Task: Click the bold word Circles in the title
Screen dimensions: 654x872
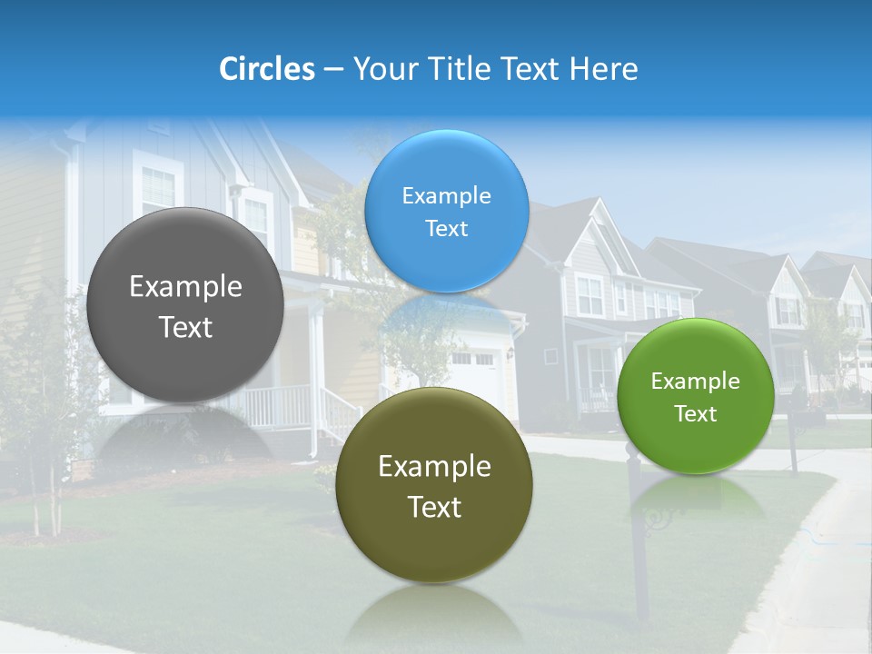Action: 266,69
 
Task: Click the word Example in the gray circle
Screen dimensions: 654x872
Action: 185,287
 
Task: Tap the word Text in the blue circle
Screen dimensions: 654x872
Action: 446,229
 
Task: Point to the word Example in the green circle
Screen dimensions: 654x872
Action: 695,381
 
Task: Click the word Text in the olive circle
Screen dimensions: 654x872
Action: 434,507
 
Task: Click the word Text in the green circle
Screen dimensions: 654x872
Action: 695,414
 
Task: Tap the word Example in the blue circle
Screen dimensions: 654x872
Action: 446,196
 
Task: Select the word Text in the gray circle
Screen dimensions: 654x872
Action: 185,328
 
